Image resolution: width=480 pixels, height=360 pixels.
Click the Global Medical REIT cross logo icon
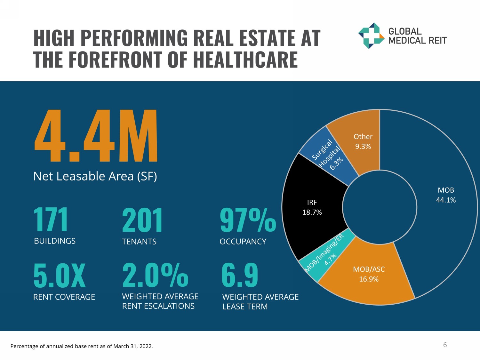click(371, 36)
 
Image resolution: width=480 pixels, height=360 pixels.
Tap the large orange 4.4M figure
click(96, 136)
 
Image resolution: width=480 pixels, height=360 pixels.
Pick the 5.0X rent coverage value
click(60, 276)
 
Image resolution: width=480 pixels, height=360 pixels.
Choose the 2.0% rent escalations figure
click(155, 276)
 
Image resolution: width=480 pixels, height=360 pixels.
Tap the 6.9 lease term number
click(240, 276)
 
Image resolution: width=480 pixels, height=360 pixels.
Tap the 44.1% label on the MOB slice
click(446, 200)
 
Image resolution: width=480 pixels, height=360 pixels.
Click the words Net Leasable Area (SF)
click(95, 176)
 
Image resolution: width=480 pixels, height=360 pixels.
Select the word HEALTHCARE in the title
click(245, 60)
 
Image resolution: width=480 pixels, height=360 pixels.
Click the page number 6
click(445, 345)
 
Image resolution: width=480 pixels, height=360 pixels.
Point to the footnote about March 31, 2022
click(82, 346)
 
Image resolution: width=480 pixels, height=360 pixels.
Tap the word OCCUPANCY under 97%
click(243, 242)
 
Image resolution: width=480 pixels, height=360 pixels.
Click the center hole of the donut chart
click(380, 207)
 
